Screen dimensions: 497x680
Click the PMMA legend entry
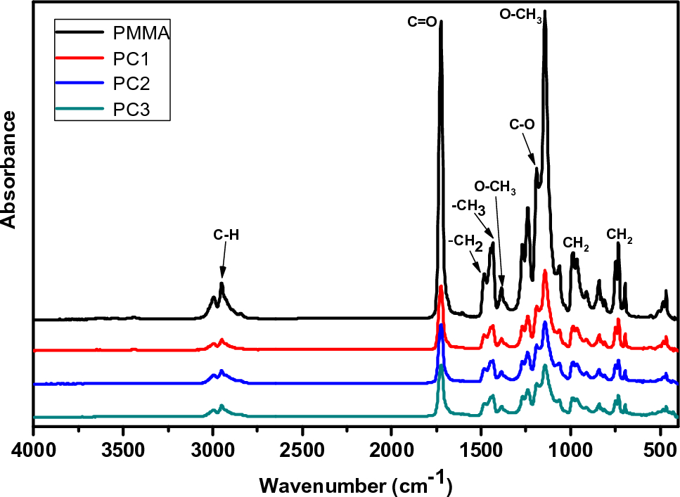point(141,32)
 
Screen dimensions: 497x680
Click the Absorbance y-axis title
point(10,169)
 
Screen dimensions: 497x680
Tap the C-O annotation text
point(522,124)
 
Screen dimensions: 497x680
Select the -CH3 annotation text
point(468,207)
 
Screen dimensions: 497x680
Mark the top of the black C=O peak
point(441,22)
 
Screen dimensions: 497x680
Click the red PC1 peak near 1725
point(441,287)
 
